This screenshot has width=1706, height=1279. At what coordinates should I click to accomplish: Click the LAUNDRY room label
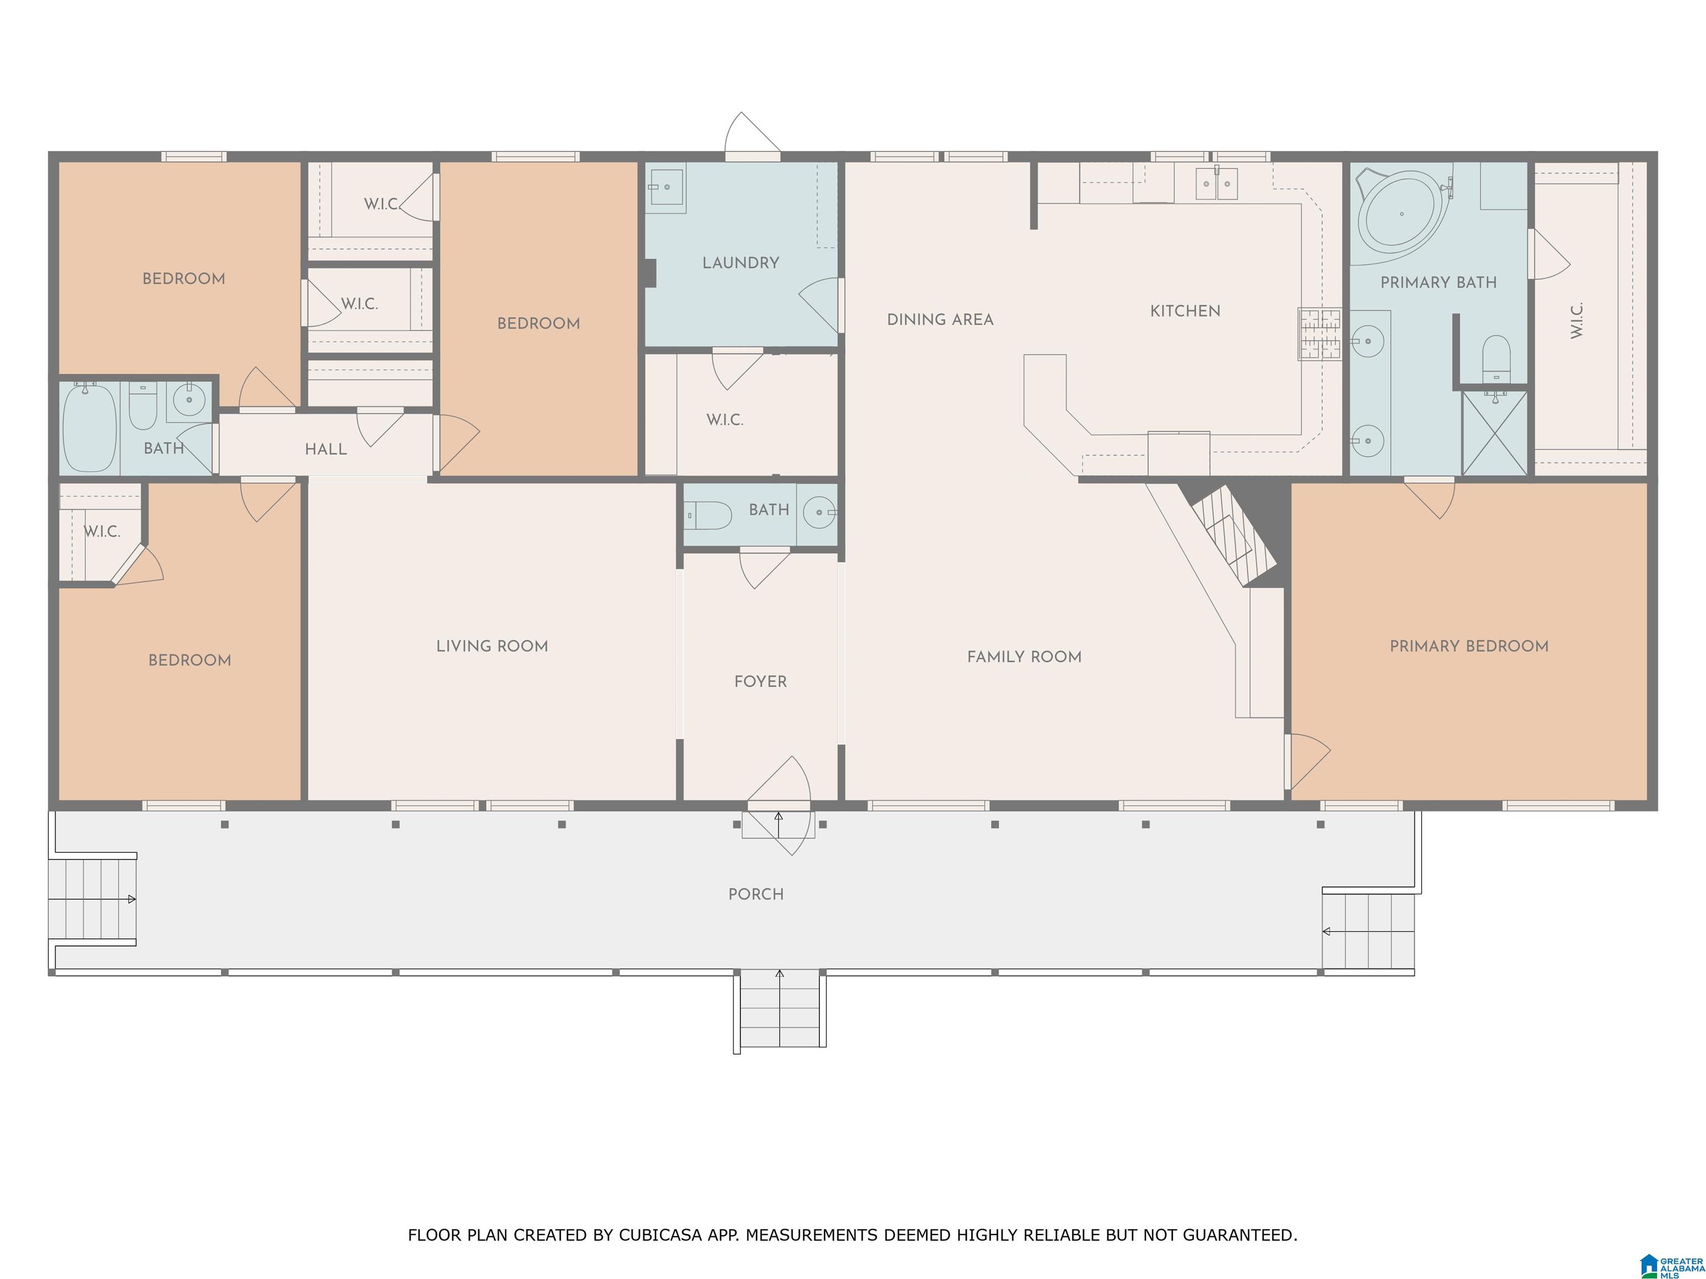coord(740,263)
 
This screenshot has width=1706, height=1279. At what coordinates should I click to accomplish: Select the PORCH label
coord(756,894)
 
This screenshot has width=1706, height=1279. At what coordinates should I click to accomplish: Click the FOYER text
coord(760,682)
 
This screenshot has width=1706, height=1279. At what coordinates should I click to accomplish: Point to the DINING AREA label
coord(940,319)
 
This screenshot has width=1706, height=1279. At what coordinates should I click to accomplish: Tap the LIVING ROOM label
coord(492,646)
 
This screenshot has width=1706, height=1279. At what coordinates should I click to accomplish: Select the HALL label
coord(325,449)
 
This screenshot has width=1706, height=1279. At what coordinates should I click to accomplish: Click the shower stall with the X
coord(1494,432)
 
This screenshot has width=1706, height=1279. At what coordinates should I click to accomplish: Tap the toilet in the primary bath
coord(1496,359)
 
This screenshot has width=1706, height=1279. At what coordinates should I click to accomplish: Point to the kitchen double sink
coord(1216,184)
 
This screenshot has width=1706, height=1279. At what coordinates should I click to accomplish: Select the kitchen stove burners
coord(1319,334)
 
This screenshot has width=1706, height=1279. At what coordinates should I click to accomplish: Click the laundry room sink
coord(666,187)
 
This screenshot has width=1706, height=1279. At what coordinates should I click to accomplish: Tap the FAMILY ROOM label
coord(1024,657)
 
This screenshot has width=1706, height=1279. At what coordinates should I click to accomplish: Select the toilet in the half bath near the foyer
coord(708,515)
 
